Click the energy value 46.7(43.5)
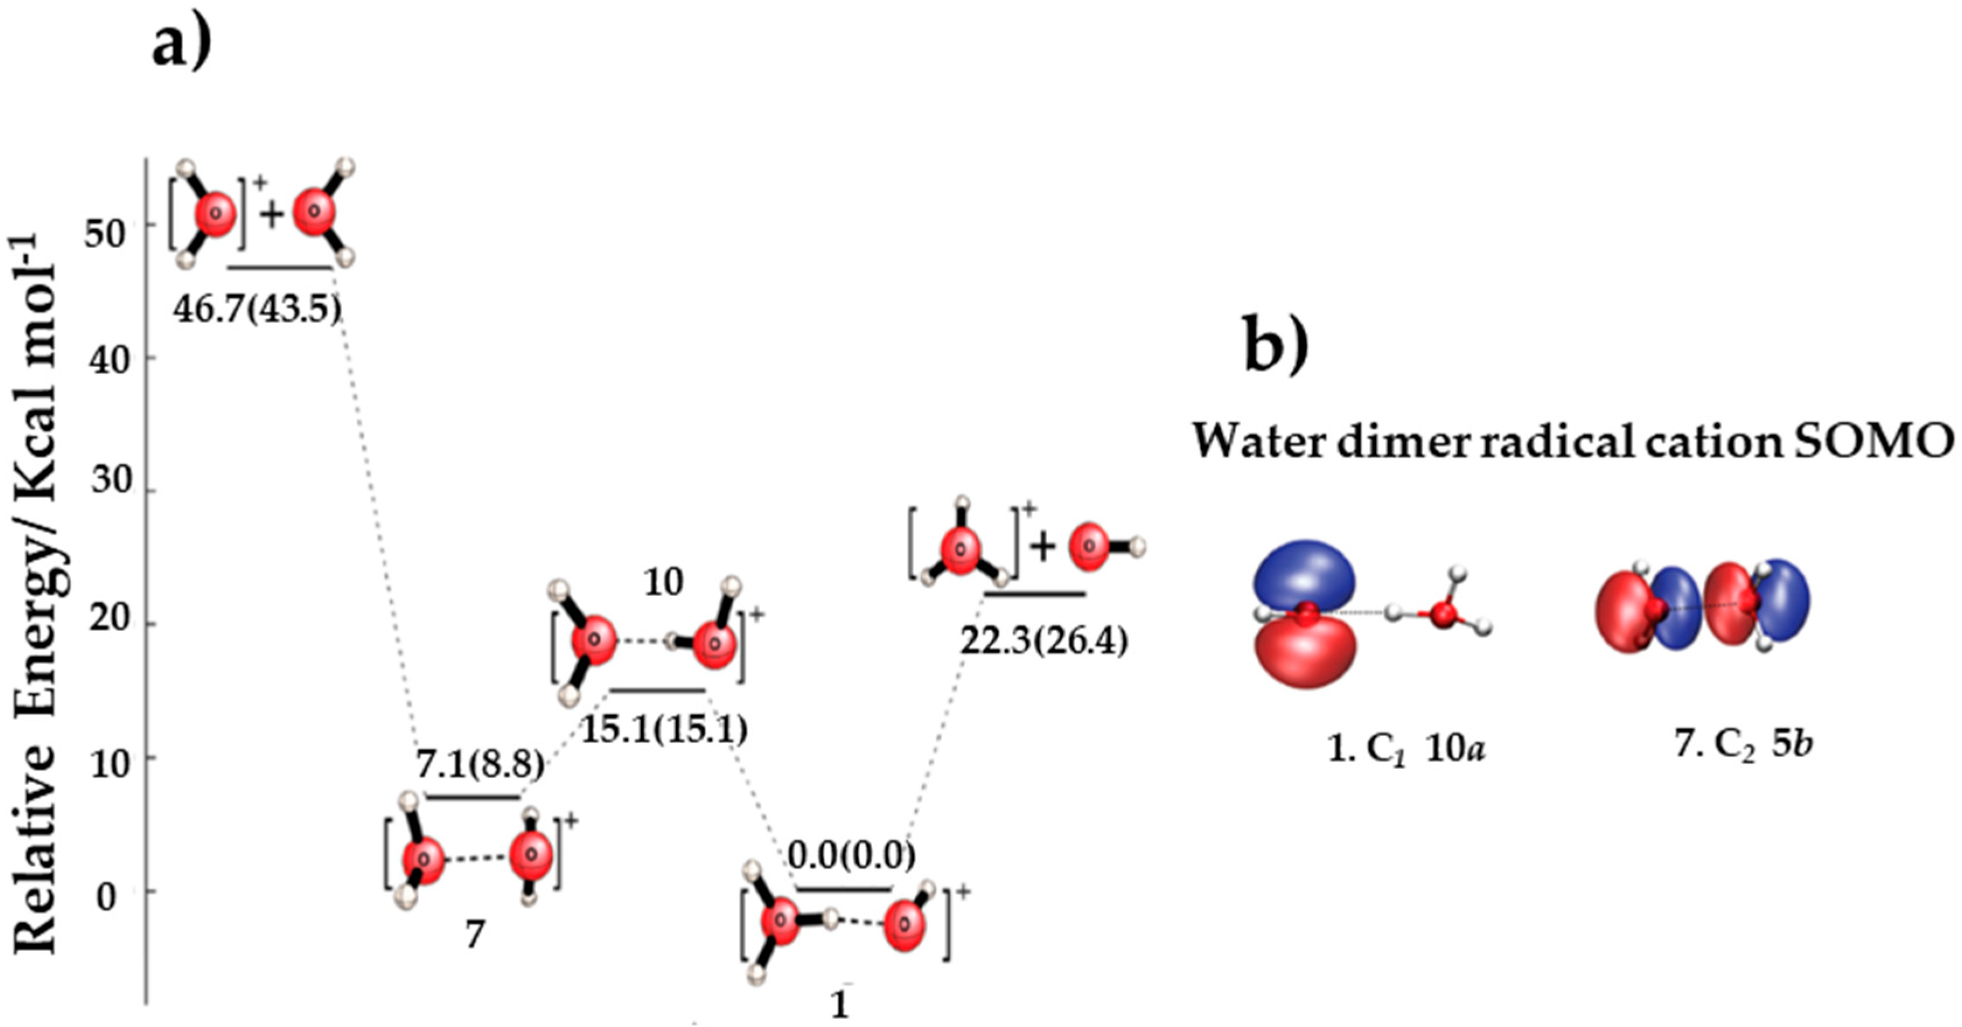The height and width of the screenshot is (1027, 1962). (x=257, y=309)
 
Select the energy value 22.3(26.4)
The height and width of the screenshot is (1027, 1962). (x=1043, y=642)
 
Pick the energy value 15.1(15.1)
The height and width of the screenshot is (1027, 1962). (x=664, y=730)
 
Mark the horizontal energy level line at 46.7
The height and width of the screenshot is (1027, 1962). (x=280, y=267)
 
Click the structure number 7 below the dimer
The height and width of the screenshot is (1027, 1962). (x=474, y=935)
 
